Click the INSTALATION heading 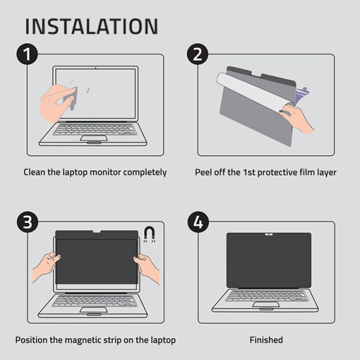92,27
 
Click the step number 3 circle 27,223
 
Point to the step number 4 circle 198,223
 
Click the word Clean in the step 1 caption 35,173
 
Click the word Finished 266,340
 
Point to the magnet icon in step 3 149,234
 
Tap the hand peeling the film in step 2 297,118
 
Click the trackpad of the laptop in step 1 94,138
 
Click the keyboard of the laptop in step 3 96,300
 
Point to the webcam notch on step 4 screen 268,234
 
